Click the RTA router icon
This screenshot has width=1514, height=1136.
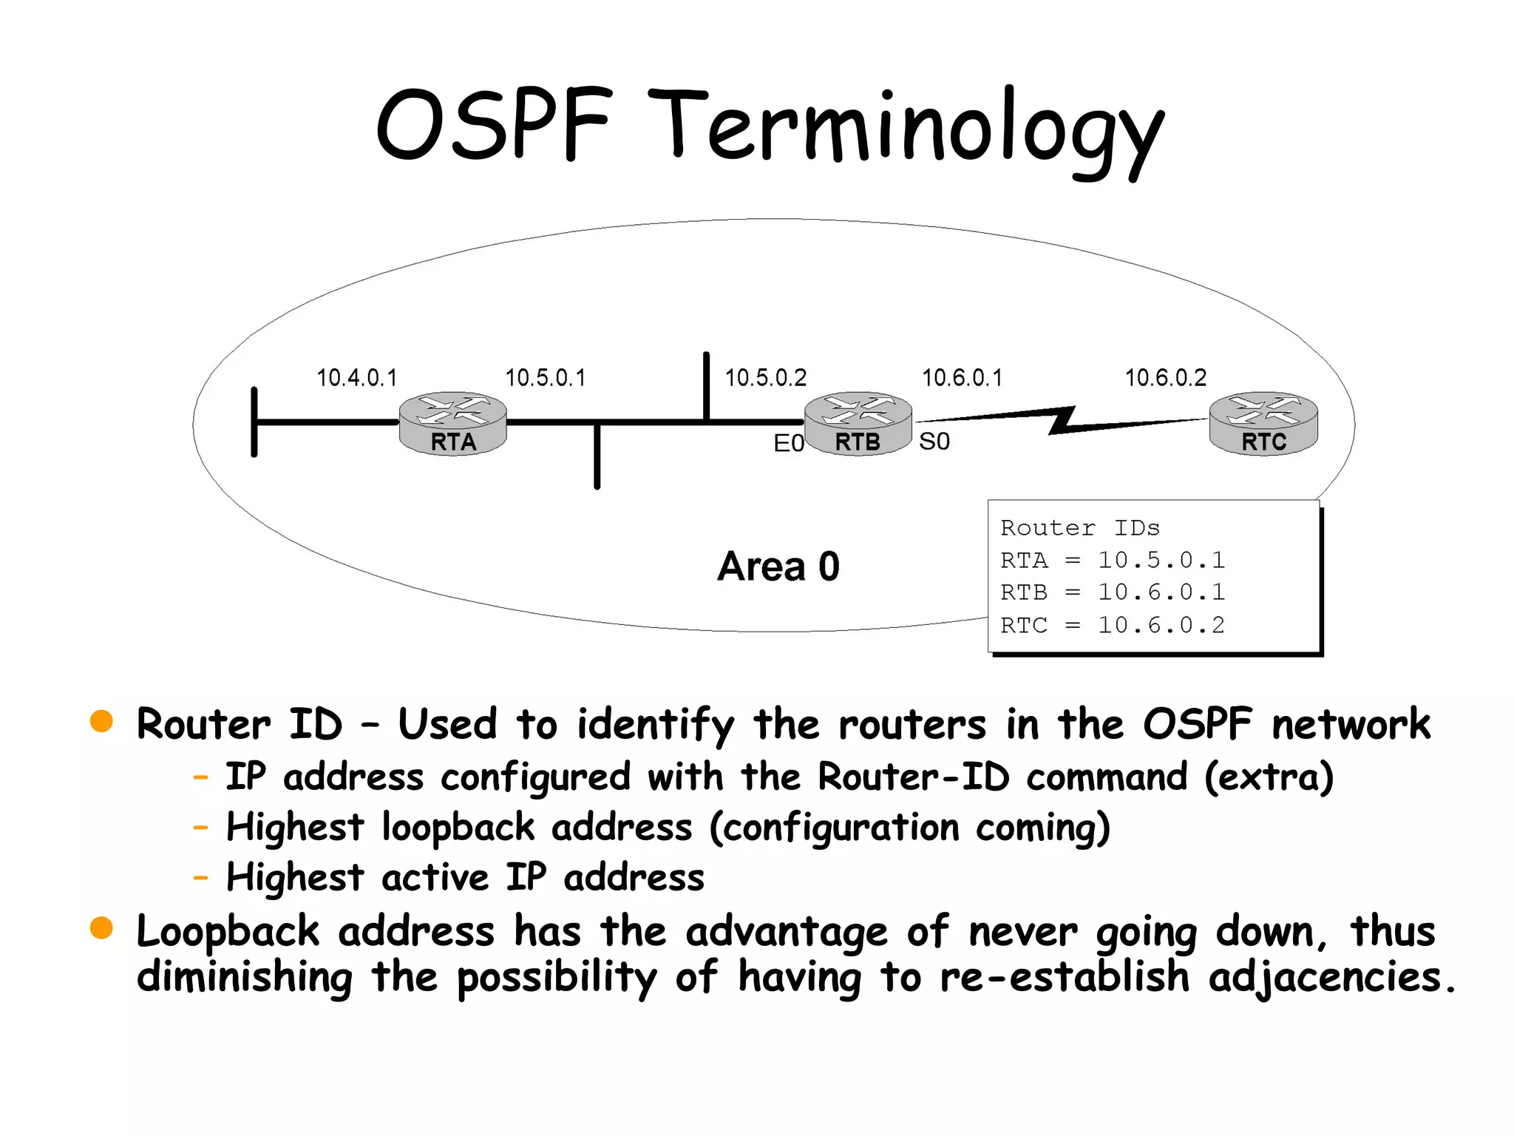pos(452,423)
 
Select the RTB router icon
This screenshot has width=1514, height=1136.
pos(858,423)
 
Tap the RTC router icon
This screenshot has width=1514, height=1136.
pos(1263,423)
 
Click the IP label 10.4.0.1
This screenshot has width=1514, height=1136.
pos(357,378)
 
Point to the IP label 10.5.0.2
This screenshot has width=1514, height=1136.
pos(765,378)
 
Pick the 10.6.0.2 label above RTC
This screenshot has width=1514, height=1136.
pos(1166,378)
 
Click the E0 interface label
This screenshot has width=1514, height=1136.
pos(788,443)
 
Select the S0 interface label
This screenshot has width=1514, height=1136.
pos(934,442)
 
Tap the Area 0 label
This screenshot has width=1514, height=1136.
pos(778,567)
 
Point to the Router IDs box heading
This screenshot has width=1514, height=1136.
pos(1080,528)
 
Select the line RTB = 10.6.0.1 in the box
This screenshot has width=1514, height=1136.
pos(1113,592)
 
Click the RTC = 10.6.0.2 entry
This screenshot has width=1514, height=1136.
pos(1113,626)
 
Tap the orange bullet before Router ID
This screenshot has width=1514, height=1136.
pos(101,721)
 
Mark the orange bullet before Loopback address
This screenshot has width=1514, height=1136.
pos(101,927)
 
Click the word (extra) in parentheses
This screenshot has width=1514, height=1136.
pos(1269,777)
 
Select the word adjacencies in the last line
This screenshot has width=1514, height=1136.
pos(1331,977)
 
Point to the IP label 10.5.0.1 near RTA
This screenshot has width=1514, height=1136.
pos(546,378)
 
